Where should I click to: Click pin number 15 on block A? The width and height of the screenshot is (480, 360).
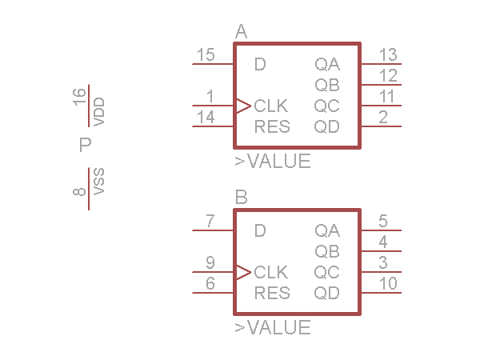pos(206,55)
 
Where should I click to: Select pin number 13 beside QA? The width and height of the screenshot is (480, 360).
pos(388,55)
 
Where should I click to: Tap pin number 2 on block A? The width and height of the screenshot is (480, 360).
pos(383,118)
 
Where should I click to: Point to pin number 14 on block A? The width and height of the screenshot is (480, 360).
pos(206,118)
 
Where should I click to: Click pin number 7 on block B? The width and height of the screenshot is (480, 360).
pos(210,222)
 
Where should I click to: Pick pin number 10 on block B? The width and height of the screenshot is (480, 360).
pos(388,284)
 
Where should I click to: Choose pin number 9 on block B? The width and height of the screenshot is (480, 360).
pos(210,263)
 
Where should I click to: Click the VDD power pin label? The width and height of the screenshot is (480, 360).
pos(99,112)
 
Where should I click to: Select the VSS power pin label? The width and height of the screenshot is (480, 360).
pos(99,182)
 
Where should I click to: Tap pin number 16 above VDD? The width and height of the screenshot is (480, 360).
pos(79,97)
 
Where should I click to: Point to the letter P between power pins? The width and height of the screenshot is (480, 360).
pos(86,146)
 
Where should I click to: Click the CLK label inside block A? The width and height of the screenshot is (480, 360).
pos(271,106)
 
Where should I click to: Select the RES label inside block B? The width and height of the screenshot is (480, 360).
pos(271,293)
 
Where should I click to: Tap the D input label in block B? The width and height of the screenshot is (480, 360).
pos(259,231)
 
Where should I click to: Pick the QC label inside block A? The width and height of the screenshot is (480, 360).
pos(326,106)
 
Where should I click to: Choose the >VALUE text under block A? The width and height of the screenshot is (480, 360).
pos(272,162)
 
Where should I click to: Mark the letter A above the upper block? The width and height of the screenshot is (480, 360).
pos(242,32)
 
